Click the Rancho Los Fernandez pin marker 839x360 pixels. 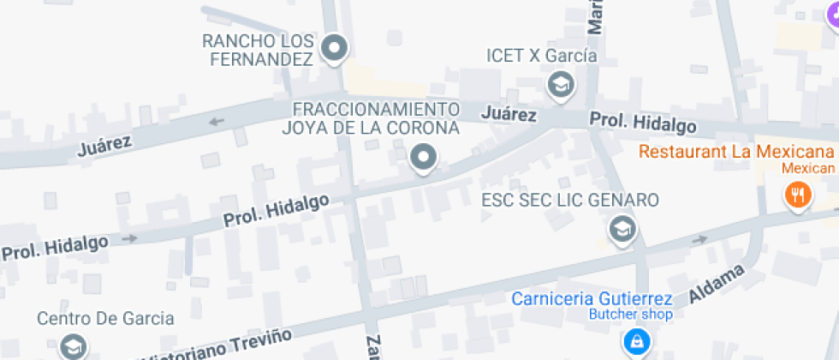click(335, 48)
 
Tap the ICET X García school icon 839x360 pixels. click(561, 84)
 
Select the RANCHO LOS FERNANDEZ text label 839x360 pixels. click(258, 50)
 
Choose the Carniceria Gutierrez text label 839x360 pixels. click(592, 299)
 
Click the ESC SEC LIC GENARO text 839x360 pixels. click(570, 201)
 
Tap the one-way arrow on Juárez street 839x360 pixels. click(217, 121)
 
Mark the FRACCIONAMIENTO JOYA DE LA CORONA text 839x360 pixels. click(371, 118)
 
